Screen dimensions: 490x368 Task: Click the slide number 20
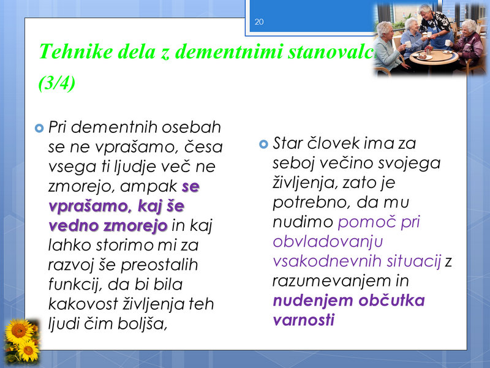[x=259, y=22]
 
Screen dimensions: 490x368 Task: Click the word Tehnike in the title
[x=75, y=51]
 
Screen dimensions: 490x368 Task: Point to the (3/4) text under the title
[x=57, y=83]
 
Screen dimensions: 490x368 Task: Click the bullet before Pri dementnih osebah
[x=39, y=128]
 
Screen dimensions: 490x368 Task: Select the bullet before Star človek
[x=264, y=144]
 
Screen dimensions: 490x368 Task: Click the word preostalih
[x=159, y=265]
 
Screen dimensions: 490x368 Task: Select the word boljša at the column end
[x=143, y=324]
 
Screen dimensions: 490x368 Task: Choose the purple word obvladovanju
[x=328, y=242]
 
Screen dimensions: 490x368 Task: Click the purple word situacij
[x=414, y=261]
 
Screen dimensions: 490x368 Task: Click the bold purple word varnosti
[x=304, y=320]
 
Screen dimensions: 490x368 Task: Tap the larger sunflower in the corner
[x=18, y=331]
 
